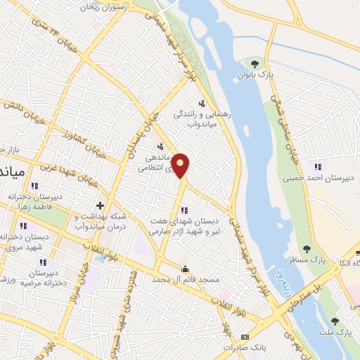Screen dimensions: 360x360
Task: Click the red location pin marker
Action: pyautogui.click(x=181, y=166)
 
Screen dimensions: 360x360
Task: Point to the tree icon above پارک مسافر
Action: pyautogui.click(x=307, y=248)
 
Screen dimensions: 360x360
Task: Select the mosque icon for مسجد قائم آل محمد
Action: pyautogui.click(x=185, y=269)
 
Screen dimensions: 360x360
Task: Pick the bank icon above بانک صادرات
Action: pyautogui.click(x=245, y=337)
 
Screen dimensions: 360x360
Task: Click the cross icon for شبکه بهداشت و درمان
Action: pyautogui.click(x=100, y=206)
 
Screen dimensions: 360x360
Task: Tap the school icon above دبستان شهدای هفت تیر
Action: pyautogui.click(x=184, y=210)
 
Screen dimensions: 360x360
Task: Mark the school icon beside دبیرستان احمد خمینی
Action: pyautogui.click(x=317, y=167)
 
